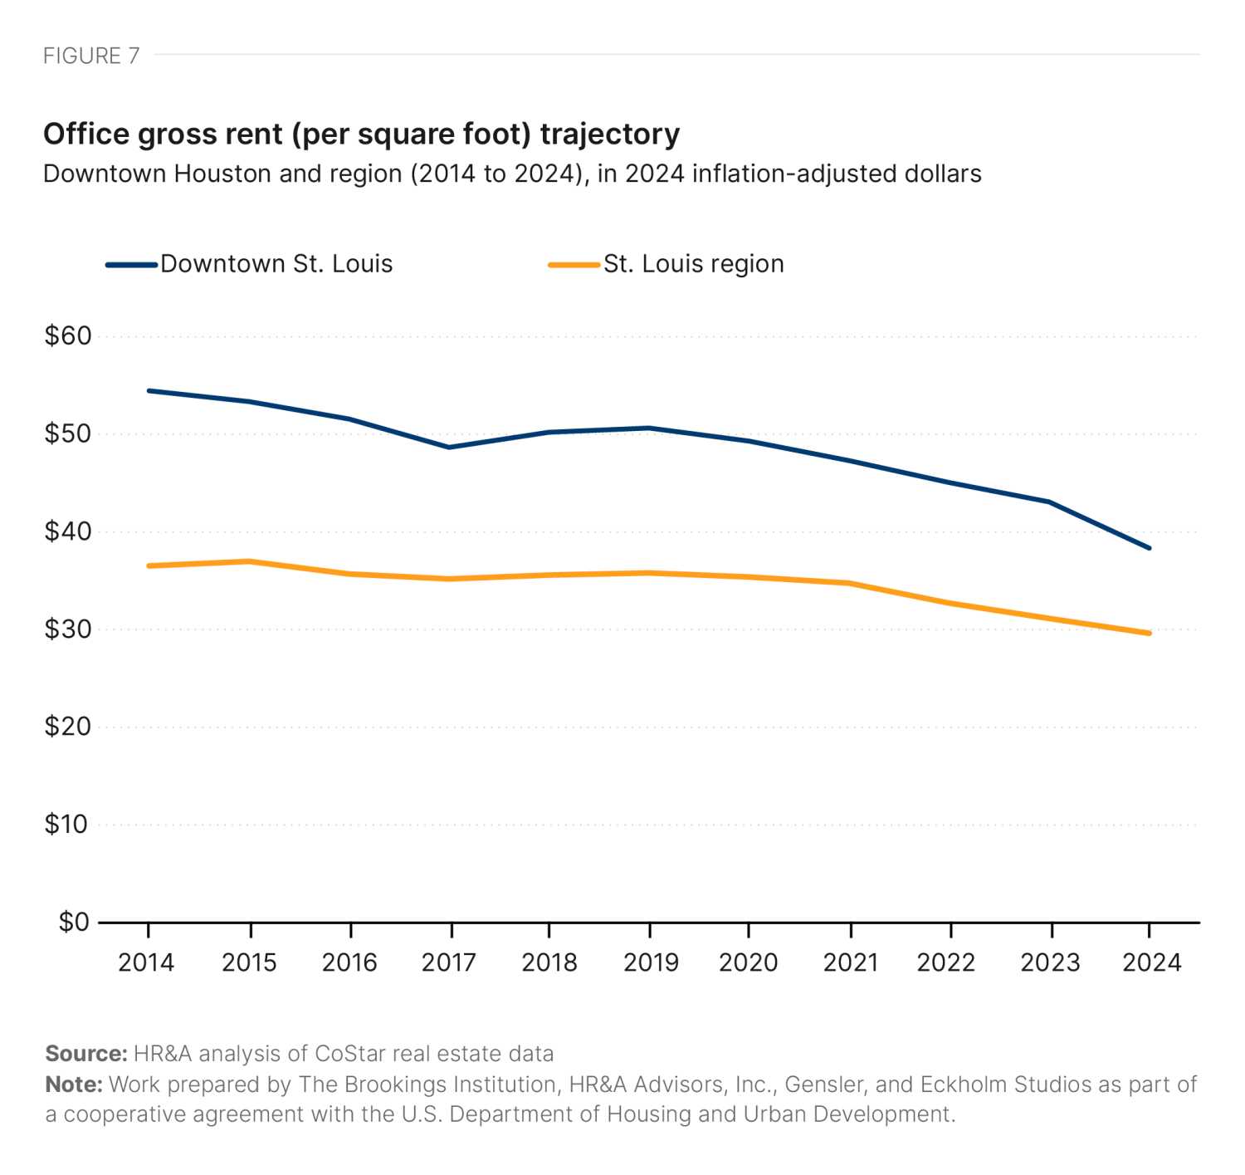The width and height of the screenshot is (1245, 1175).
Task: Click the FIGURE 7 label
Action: [91, 56]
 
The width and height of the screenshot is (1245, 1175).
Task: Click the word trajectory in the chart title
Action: [609, 134]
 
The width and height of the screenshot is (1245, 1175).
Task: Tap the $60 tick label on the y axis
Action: [67, 336]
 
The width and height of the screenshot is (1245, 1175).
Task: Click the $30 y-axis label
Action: [67, 629]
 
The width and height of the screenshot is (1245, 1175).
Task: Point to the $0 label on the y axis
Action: [73, 922]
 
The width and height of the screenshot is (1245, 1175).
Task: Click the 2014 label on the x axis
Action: [146, 962]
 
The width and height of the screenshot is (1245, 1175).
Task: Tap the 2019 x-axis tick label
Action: [651, 962]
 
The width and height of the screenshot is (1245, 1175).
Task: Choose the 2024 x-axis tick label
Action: [1151, 962]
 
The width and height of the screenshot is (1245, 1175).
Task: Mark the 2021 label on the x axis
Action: [851, 962]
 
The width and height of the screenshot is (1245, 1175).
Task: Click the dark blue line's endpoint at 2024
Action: [1150, 548]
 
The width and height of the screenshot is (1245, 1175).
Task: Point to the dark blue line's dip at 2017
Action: [449, 448]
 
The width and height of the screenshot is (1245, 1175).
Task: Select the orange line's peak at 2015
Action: [249, 561]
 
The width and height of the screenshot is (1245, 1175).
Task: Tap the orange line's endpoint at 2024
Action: [1150, 634]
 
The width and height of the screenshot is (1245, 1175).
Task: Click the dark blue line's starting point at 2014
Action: [148, 390]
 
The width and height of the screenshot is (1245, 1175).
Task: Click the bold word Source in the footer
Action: [85, 1054]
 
